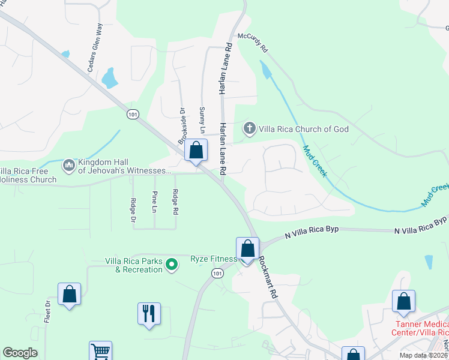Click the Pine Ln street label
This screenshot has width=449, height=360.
coord(154,202)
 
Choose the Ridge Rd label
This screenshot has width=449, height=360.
coord(175,202)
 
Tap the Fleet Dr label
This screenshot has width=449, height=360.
coord(47,313)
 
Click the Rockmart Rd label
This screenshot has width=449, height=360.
coord(268,278)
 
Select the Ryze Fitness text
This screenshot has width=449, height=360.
coord(213,259)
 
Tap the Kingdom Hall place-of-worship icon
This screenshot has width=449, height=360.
coord(68,164)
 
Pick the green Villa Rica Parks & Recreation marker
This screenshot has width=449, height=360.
coord(172,264)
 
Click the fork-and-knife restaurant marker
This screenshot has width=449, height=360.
coord(148,313)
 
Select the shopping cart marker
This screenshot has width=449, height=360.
coord(100,352)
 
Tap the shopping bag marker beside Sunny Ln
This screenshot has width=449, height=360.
coord(196,151)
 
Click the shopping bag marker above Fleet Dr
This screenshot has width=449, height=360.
coord(69,294)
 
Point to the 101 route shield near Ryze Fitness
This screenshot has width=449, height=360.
coord(217,274)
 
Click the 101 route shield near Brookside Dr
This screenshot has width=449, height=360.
coord(133,115)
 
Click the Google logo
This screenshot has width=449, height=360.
coord(20,352)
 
